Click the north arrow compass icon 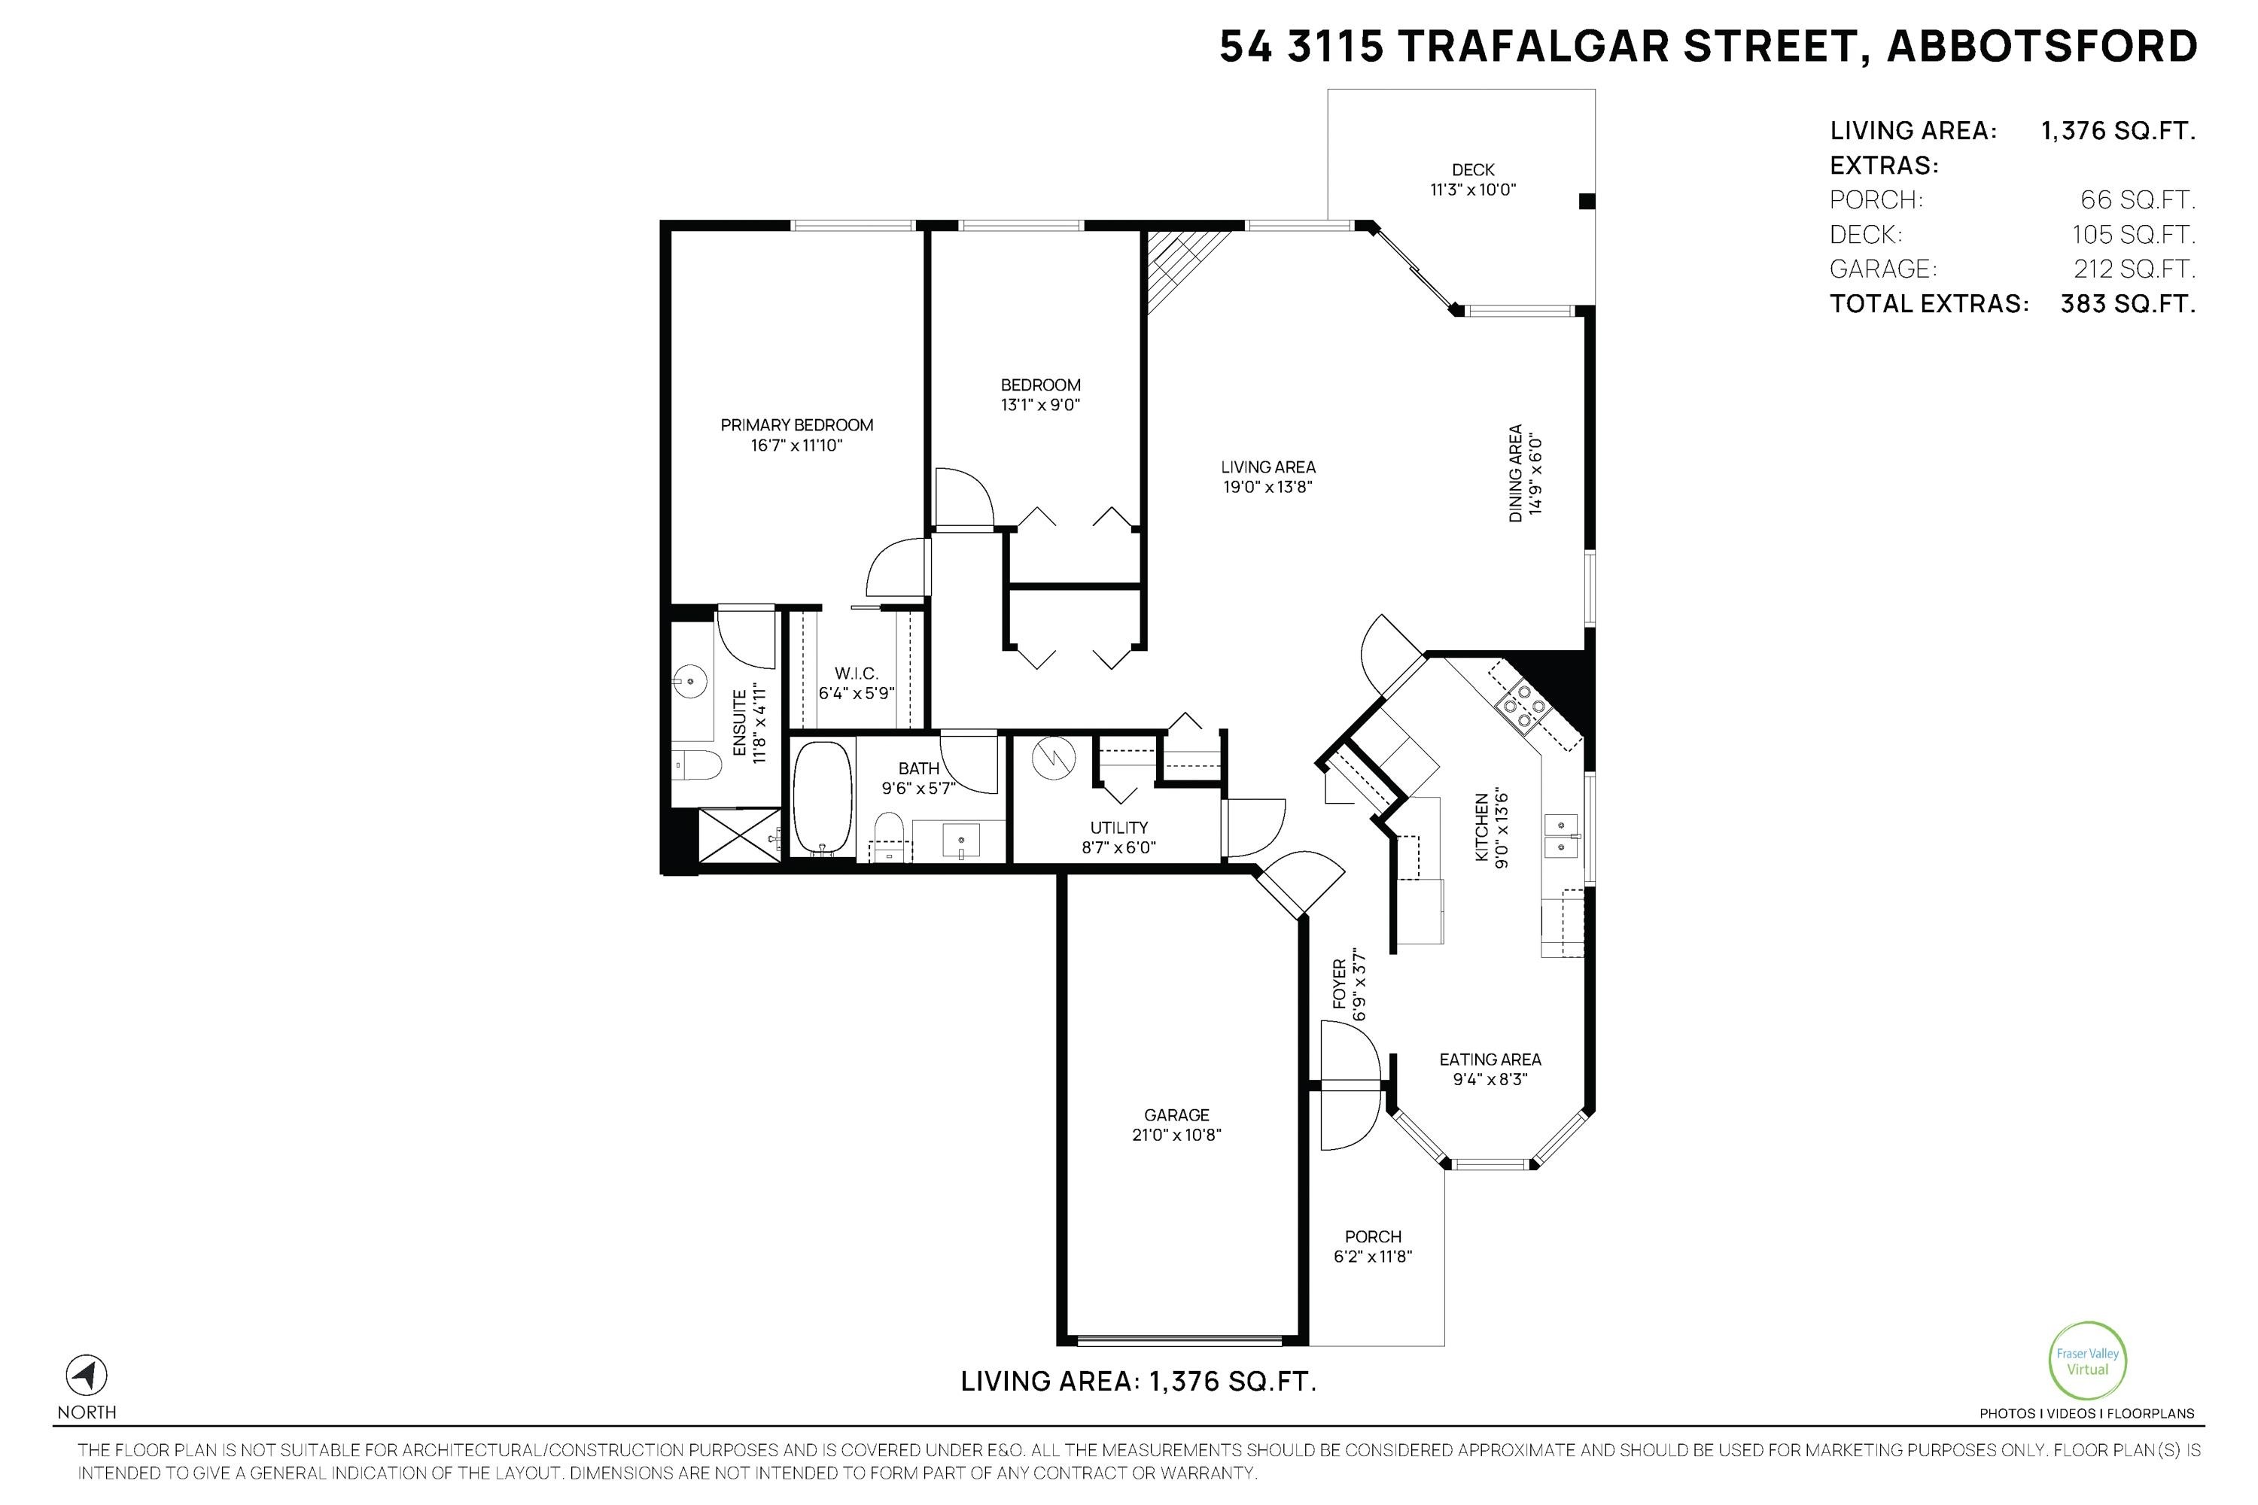point(87,1376)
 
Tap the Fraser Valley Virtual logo point(2087,1361)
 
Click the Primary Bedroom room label point(797,424)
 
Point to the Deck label point(1473,170)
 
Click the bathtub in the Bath point(823,798)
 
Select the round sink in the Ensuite point(690,680)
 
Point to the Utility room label point(1118,827)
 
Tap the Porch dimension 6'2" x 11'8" point(1373,1257)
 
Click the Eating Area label point(1490,1060)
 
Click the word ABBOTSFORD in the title point(2042,46)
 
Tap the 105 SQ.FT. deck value point(2133,234)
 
